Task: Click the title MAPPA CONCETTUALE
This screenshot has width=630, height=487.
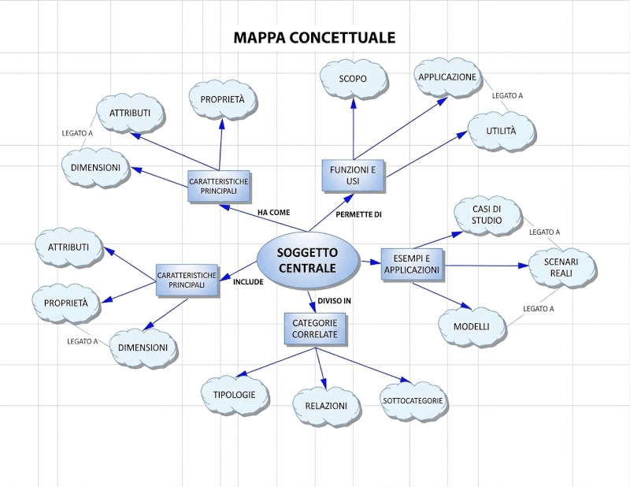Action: [314, 37]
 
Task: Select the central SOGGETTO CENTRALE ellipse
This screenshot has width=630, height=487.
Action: [307, 260]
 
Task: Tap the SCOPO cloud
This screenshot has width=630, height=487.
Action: [353, 79]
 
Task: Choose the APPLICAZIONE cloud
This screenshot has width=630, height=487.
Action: [447, 77]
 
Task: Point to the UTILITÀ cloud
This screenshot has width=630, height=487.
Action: [501, 130]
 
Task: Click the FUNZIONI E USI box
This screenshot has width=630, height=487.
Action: [353, 175]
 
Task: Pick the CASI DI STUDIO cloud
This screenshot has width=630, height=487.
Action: [486, 214]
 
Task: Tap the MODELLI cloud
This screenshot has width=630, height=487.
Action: [471, 326]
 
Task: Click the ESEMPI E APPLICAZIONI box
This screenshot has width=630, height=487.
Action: [411, 264]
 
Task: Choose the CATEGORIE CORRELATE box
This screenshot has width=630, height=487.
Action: [315, 328]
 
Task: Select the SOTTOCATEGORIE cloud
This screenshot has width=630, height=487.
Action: [413, 400]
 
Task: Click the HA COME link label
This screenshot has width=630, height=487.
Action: [274, 212]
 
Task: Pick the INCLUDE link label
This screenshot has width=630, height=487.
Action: [248, 281]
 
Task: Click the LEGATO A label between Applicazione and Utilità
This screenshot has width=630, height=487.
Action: [507, 95]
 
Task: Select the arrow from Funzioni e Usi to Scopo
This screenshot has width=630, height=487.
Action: [353, 130]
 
